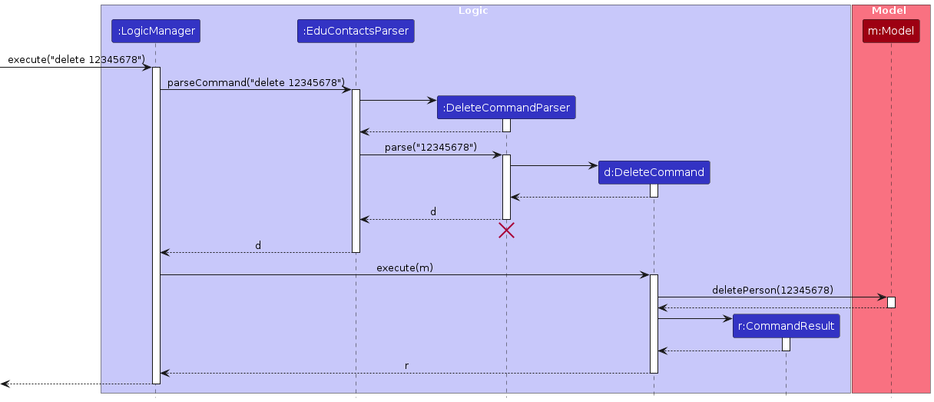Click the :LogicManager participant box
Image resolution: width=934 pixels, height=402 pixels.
156,32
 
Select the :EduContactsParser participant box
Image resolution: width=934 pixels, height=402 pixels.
356,32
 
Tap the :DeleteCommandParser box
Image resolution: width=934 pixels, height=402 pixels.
506,108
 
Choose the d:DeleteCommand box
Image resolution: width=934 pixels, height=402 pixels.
654,172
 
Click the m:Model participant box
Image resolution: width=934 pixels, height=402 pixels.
891,32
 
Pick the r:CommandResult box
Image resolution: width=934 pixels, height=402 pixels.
786,326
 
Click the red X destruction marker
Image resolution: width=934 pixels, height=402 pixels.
506,230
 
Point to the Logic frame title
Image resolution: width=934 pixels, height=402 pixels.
472,11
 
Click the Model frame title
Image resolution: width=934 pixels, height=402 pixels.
889,11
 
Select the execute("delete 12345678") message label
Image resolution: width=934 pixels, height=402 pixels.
76,59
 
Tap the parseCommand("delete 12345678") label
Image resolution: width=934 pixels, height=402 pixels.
256,82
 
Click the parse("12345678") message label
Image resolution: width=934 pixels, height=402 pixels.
430,147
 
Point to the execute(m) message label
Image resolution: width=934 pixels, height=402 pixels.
405,267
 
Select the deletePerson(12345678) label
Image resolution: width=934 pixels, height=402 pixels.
772,290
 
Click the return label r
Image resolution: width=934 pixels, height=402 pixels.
406,366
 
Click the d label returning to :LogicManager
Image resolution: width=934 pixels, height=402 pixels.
258,245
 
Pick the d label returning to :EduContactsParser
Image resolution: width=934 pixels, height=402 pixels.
433,211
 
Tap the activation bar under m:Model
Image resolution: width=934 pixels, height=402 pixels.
891,302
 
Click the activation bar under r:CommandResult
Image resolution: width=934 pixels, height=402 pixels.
786,344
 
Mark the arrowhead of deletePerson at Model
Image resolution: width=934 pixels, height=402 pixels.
883,297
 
